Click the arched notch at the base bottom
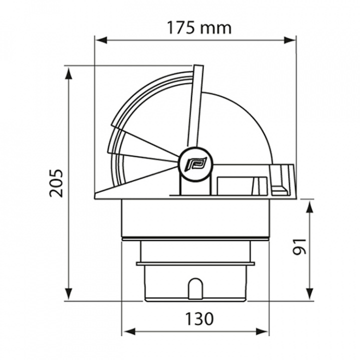point(195,289)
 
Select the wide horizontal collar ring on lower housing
point(195,263)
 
